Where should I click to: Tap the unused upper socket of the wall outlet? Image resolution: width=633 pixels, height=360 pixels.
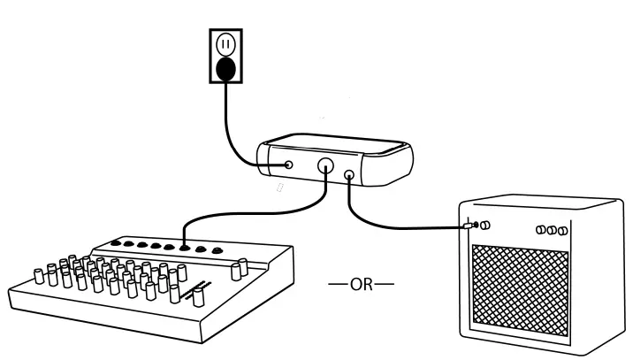click(x=225, y=42)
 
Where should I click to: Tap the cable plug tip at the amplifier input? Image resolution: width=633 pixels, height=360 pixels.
click(x=469, y=226)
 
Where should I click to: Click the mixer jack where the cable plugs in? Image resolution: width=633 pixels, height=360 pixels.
click(x=183, y=248)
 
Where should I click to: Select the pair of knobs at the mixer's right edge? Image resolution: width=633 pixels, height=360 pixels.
click(x=240, y=267)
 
